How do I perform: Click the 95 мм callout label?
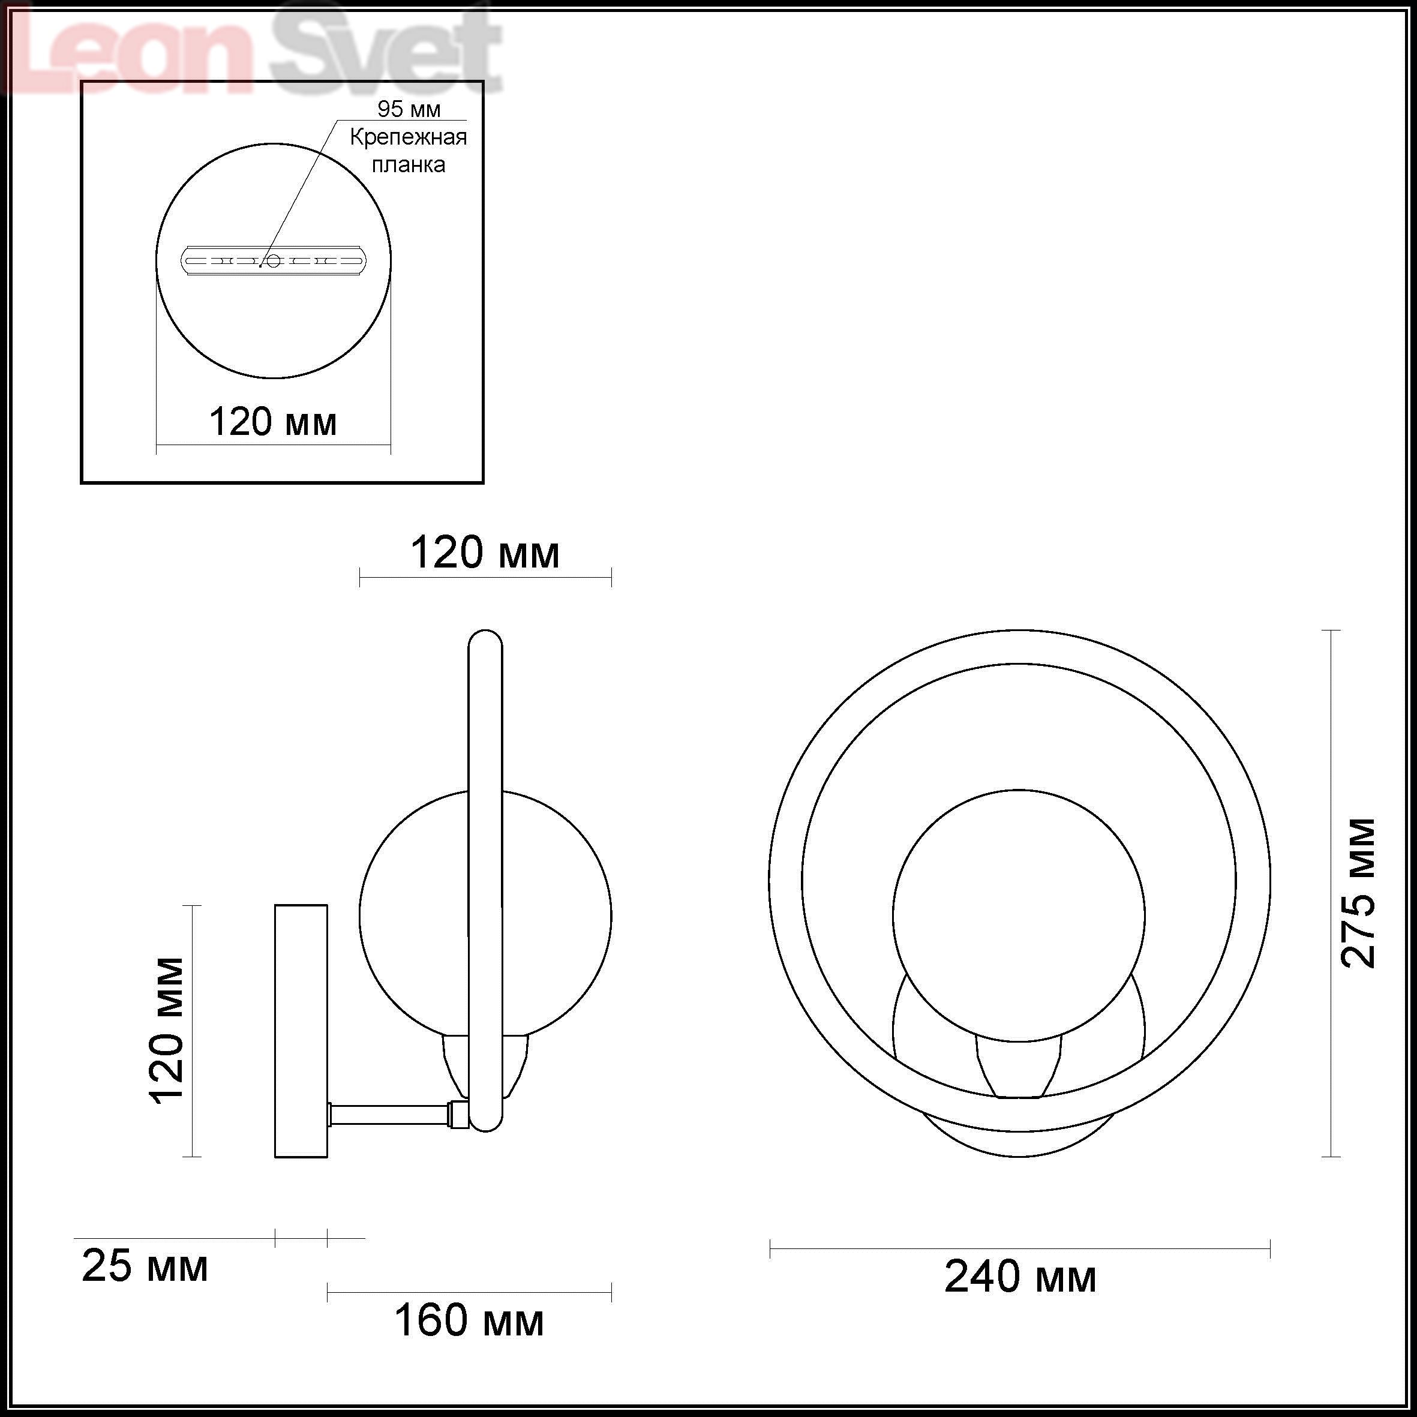(409, 109)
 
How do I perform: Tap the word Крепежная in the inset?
(408, 137)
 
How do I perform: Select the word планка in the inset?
(408, 164)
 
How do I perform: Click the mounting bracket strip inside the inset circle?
(273, 260)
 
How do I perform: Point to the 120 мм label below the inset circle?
(273, 422)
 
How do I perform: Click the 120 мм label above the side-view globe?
(485, 553)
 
